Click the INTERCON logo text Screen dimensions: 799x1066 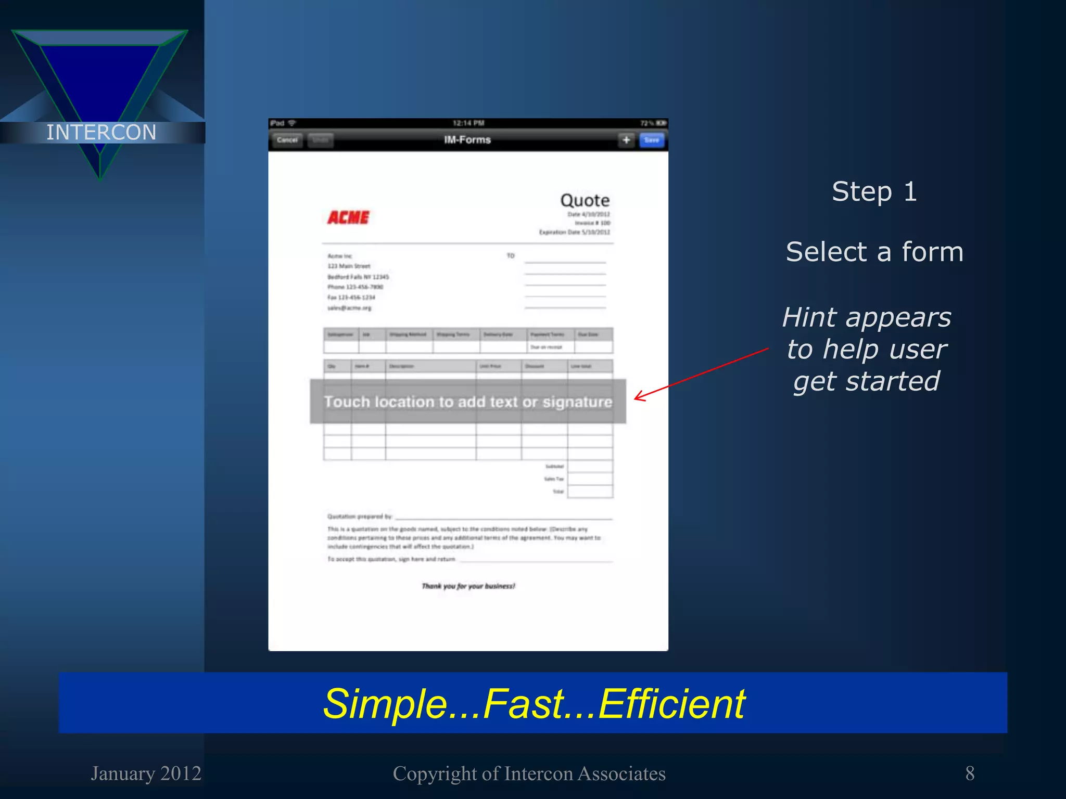[x=101, y=132]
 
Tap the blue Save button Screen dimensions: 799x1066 [x=651, y=140]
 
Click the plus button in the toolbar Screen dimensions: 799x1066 [x=626, y=140]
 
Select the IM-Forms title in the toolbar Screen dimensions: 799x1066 [x=467, y=140]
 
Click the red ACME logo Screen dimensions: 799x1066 [x=348, y=217]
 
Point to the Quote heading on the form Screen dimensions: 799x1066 [x=585, y=200]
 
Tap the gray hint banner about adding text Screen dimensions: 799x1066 [x=467, y=402]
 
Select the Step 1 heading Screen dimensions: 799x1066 [x=874, y=191]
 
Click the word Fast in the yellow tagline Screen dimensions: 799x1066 [x=523, y=704]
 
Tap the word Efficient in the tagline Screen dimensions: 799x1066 [x=672, y=704]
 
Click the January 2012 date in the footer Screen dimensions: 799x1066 [x=146, y=774]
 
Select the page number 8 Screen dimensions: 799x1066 [x=970, y=774]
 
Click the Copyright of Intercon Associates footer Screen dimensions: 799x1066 [x=529, y=774]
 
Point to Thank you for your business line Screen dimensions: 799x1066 [x=468, y=586]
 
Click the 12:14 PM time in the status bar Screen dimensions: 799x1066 [x=468, y=123]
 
